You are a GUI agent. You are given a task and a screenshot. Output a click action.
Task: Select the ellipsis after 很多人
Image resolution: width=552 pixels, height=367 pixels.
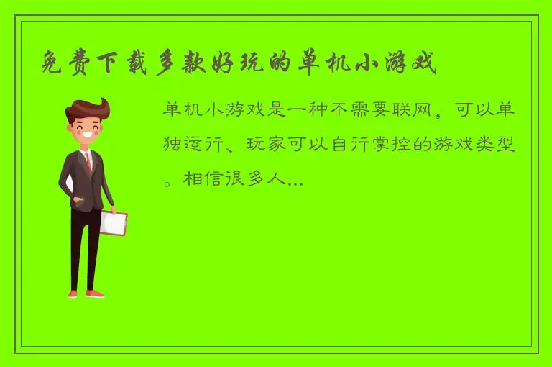pos(294,184)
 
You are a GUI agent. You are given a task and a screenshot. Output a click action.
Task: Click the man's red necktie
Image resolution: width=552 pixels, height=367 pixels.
pos(88,163)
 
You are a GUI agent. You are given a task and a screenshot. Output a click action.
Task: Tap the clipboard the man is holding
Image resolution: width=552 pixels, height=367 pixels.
pos(113,222)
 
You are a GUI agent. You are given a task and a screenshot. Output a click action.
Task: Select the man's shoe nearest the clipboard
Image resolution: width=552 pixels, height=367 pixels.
pos(94,293)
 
